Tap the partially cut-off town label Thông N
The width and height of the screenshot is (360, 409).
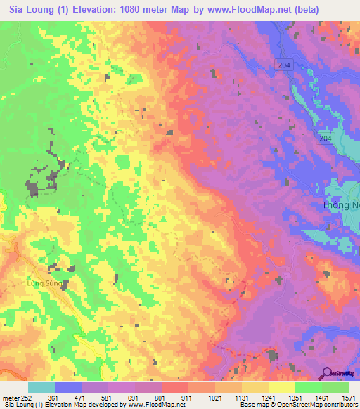340,205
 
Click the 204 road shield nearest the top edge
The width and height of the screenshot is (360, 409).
283,64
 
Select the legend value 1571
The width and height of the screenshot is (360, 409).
346,398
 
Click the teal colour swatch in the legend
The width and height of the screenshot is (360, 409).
41,387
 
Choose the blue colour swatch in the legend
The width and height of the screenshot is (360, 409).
68,387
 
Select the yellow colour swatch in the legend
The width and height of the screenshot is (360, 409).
281,387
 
